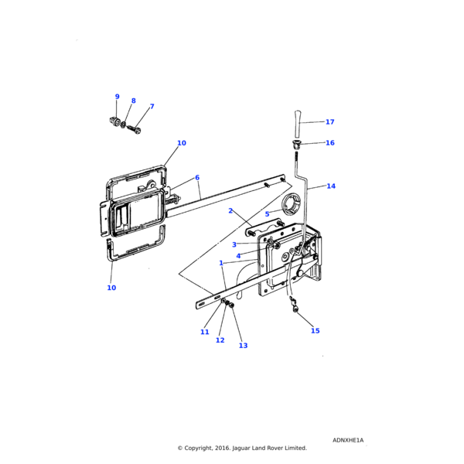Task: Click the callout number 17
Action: [329, 122]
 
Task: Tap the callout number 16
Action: [330, 143]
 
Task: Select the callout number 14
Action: [331, 186]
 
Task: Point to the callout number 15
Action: [316, 331]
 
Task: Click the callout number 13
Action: [243, 346]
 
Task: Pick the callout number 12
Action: [220, 340]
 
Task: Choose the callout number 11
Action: [204, 332]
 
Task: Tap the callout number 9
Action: [118, 97]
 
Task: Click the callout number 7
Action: [152, 106]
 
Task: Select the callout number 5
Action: [267, 214]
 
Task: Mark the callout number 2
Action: [230, 210]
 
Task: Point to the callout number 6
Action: [197, 178]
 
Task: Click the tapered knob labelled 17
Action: [298, 124]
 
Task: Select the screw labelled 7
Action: [134, 130]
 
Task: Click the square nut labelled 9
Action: [114, 121]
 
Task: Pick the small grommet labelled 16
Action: [296, 145]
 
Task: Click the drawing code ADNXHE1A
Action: [348, 440]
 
